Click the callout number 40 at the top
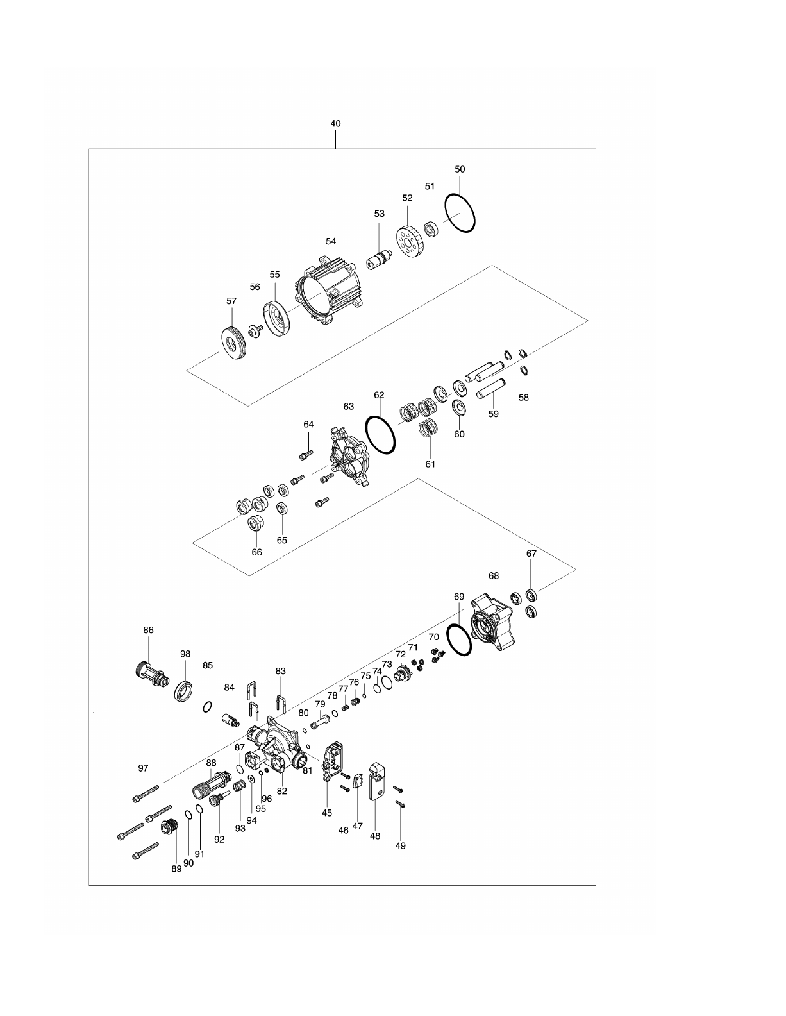click(335, 123)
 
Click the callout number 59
click(493, 414)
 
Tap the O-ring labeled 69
click(461, 639)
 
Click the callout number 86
click(148, 631)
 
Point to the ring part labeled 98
click(185, 691)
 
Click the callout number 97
click(143, 768)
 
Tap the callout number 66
click(256, 552)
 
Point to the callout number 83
click(280, 671)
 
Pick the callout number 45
click(327, 813)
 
